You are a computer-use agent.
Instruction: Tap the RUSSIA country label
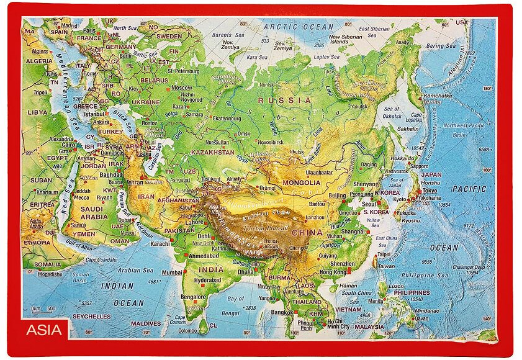click(x=285, y=100)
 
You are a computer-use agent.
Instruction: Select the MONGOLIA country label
click(x=301, y=183)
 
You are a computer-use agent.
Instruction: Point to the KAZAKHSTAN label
click(x=213, y=152)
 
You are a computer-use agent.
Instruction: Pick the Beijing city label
click(x=337, y=196)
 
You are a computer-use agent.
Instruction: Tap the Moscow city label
click(x=181, y=88)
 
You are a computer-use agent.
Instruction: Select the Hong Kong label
click(x=333, y=272)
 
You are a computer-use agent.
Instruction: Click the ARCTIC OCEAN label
click(x=298, y=27)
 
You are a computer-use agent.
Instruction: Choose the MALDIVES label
click(x=146, y=323)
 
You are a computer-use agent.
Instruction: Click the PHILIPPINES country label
click(x=412, y=292)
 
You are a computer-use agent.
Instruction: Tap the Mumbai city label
click(x=172, y=272)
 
